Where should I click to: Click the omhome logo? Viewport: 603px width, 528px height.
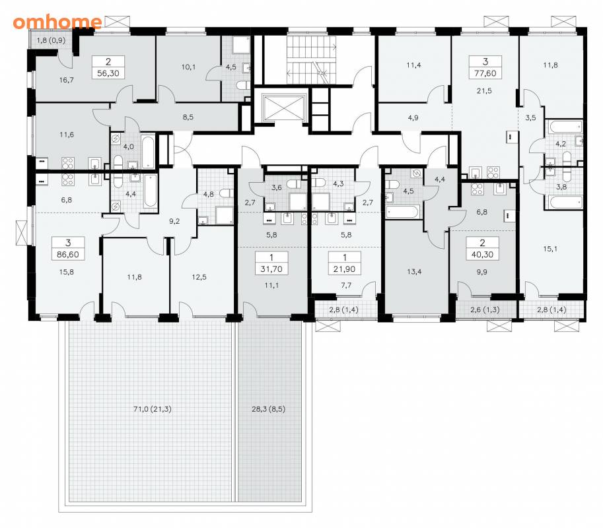57,22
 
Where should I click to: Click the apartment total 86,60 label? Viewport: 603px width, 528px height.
68,254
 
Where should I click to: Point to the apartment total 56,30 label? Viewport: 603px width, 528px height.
108,73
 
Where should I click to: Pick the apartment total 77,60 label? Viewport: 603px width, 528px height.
485,73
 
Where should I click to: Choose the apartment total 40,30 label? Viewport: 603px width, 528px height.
482,254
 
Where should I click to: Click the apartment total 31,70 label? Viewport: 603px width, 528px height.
271,269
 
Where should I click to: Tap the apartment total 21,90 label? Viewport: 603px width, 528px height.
345,269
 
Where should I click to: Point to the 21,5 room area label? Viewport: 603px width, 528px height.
484,91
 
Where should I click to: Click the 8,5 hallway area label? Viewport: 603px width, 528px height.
188,117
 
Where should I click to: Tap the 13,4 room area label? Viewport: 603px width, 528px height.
414,272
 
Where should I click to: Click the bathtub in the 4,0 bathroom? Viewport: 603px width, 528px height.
148,151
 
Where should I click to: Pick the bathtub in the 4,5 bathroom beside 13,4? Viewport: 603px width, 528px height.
403,212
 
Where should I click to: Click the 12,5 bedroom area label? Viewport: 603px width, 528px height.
199,277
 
